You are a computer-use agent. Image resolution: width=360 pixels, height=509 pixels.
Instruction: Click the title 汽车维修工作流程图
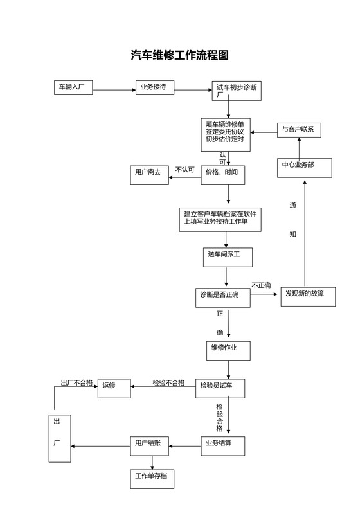click(179, 56)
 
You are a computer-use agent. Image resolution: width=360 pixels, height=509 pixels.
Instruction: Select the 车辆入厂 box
click(73, 87)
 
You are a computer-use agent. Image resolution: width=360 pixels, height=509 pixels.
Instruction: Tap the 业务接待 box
click(155, 87)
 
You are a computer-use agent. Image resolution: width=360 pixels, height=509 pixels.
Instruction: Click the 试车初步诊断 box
click(238, 91)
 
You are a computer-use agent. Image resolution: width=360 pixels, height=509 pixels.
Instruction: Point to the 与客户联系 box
click(299, 129)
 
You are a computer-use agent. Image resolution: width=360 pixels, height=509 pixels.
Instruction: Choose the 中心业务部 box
click(305, 167)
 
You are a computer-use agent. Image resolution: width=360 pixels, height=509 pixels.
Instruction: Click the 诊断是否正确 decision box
click(223, 296)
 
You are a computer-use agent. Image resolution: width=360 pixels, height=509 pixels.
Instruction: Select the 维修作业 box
click(227, 350)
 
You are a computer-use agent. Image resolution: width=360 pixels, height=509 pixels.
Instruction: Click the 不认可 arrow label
click(185, 170)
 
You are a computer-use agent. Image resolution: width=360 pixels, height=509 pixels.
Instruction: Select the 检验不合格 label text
click(168, 383)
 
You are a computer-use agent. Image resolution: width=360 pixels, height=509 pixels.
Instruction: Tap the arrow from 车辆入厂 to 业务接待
click(114, 89)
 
